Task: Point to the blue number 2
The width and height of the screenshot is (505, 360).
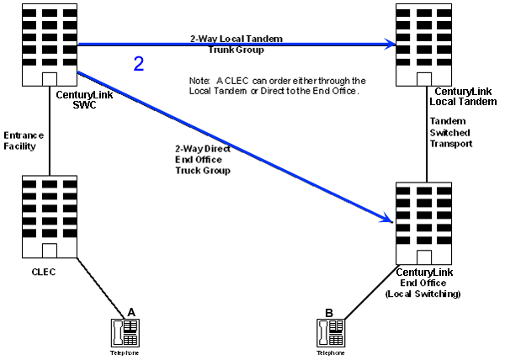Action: point(140,63)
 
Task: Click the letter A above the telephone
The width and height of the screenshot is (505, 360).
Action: point(130,312)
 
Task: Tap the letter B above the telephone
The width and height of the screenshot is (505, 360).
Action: point(328,312)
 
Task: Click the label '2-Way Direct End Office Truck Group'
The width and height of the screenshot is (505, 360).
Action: point(203,161)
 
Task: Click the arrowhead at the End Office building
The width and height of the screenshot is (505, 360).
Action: point(387,220)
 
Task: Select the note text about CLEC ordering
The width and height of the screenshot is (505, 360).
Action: point(275,85)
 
